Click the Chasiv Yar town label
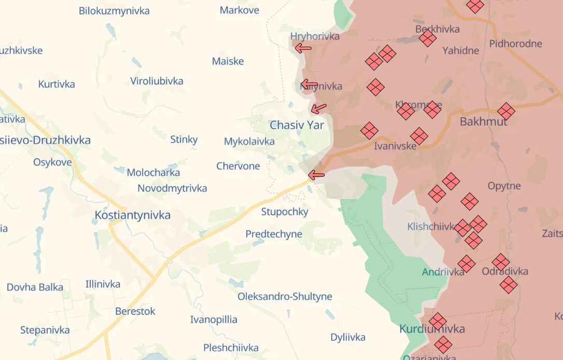[297, 125]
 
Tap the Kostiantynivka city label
[133, 215]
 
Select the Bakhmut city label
[483, 122]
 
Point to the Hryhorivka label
[315, 36]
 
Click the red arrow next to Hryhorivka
[303, 48]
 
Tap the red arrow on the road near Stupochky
[316, 175]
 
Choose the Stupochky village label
[285, 212]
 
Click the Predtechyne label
[274, 234]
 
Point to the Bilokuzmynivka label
[114, 11]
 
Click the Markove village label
[240, 10]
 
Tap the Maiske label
[228, 61]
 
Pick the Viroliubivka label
[157, 81]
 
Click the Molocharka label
[153, 173]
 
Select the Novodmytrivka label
[172, 188]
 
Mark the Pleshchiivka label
[231, 348]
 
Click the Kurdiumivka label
[432, 329]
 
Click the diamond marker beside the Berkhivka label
[427, 38]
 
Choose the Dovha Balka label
[35, 287]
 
